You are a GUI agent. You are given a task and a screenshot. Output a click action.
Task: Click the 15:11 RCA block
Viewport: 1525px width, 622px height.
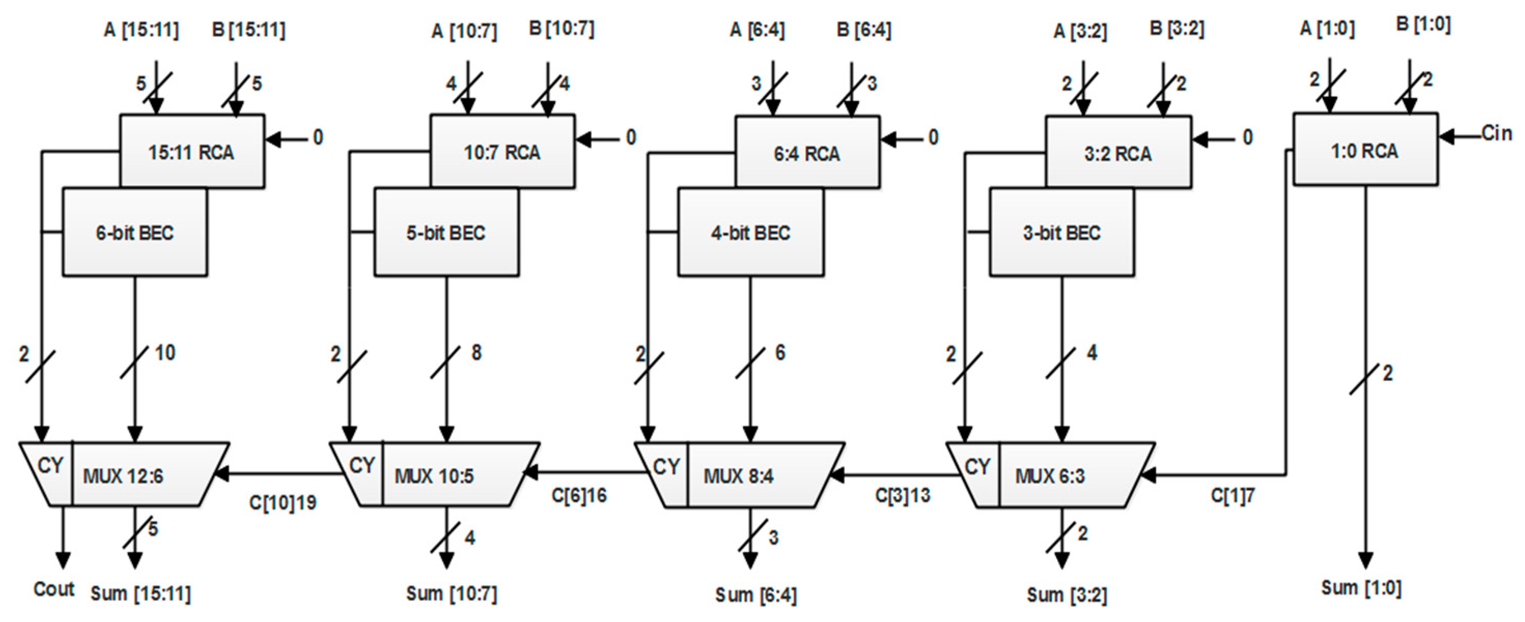(192, 151)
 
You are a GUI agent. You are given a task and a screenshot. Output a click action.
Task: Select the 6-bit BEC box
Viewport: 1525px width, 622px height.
(135, 233)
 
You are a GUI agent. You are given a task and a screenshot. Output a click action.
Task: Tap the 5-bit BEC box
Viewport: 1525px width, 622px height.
(446, 233)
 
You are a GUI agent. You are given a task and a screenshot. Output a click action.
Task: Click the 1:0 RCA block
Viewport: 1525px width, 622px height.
(1365, 150)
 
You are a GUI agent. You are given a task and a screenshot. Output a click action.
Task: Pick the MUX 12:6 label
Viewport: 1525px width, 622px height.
(123, 476)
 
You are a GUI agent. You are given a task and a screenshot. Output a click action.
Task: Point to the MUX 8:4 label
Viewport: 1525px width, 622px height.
(738, 476)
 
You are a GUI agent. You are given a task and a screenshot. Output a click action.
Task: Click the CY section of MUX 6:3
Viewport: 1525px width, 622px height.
(977, 468)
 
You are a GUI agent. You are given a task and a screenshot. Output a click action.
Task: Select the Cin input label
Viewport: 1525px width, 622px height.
(1496, 133)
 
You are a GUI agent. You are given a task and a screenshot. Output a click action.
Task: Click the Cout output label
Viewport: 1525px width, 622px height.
(53, 589)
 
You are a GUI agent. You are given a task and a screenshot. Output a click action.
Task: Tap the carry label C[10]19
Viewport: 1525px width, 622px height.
(283, 502)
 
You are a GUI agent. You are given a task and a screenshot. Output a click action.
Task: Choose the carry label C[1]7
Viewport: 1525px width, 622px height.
(1232, 496)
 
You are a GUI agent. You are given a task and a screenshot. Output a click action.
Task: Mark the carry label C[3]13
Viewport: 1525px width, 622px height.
(902, 495)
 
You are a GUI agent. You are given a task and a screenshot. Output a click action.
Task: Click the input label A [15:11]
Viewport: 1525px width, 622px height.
(141, 30)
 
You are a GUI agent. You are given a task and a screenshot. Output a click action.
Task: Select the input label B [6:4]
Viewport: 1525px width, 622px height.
(863, 30)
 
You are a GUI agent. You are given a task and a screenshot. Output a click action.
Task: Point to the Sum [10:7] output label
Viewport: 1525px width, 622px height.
(451, 593)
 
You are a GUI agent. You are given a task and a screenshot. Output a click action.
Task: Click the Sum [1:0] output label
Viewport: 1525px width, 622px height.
(1361, 588)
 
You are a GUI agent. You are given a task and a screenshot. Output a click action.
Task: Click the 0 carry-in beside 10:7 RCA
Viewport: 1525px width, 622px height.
(631, 137)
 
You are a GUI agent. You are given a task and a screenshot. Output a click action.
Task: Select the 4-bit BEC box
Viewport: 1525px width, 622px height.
(750, 233)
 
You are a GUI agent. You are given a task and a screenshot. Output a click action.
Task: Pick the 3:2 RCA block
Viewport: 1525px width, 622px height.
(1118, 153)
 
